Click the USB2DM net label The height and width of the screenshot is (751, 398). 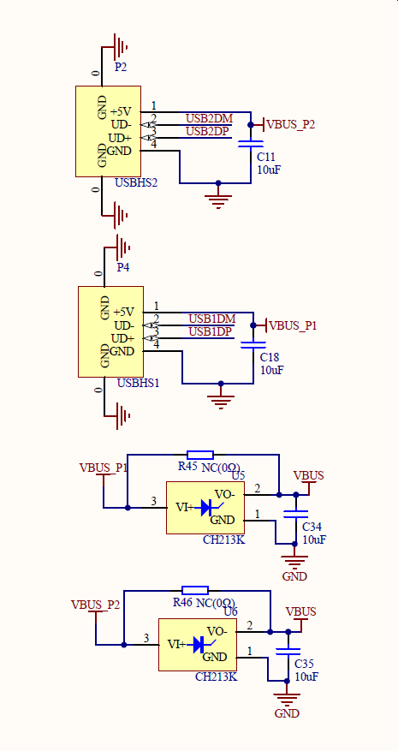(210, 118)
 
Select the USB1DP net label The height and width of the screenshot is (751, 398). (211, 331)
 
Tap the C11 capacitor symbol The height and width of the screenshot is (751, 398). (251, 144)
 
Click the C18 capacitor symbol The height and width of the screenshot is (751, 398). (253, 345)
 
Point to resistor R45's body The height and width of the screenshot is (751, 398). (200, 455)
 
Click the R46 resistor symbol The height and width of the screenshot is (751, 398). (195, 591)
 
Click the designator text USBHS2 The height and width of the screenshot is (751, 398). (136, 182)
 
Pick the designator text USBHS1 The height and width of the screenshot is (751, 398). (139, 383)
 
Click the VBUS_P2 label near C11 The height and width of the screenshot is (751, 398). (291, 124)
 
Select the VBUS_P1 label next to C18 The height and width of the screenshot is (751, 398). (293, 325)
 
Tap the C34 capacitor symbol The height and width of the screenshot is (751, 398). (295, 514)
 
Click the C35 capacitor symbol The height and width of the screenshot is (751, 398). (288, 651)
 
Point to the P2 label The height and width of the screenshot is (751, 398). (121, 67)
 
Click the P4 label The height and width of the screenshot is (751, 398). (123, 267)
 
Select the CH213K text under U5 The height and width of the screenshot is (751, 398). (224, 539)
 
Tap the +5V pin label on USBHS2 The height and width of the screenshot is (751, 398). (121, 111)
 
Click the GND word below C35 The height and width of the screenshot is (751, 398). (288, 713)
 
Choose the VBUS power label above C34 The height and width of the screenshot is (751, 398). (308, 475)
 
